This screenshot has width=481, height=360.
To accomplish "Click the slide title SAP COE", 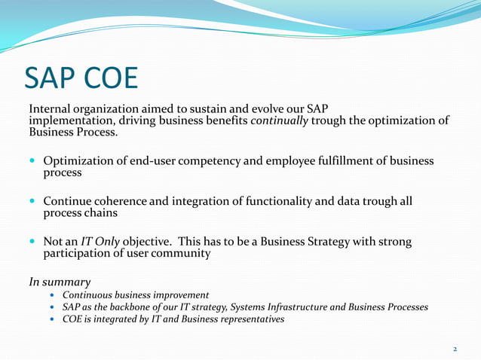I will pos(81,77).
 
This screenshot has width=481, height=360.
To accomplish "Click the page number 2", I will pos(455,349).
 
